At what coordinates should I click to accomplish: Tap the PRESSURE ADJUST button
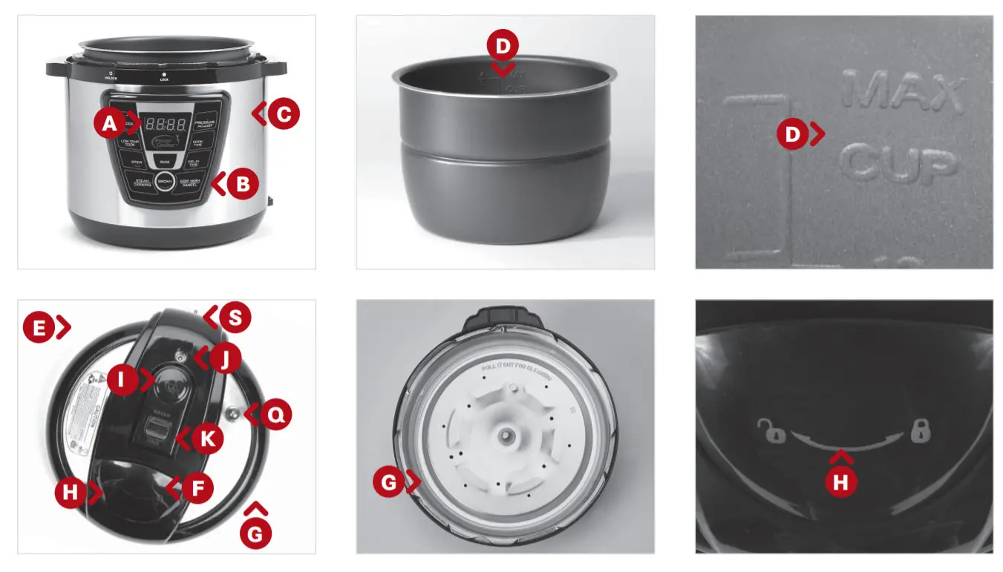(x=205, y=124)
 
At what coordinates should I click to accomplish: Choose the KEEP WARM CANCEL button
(x=195, y=182)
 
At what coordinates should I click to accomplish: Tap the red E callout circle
(x=38, y=326)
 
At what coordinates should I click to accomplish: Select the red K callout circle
(x=207, y=439)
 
